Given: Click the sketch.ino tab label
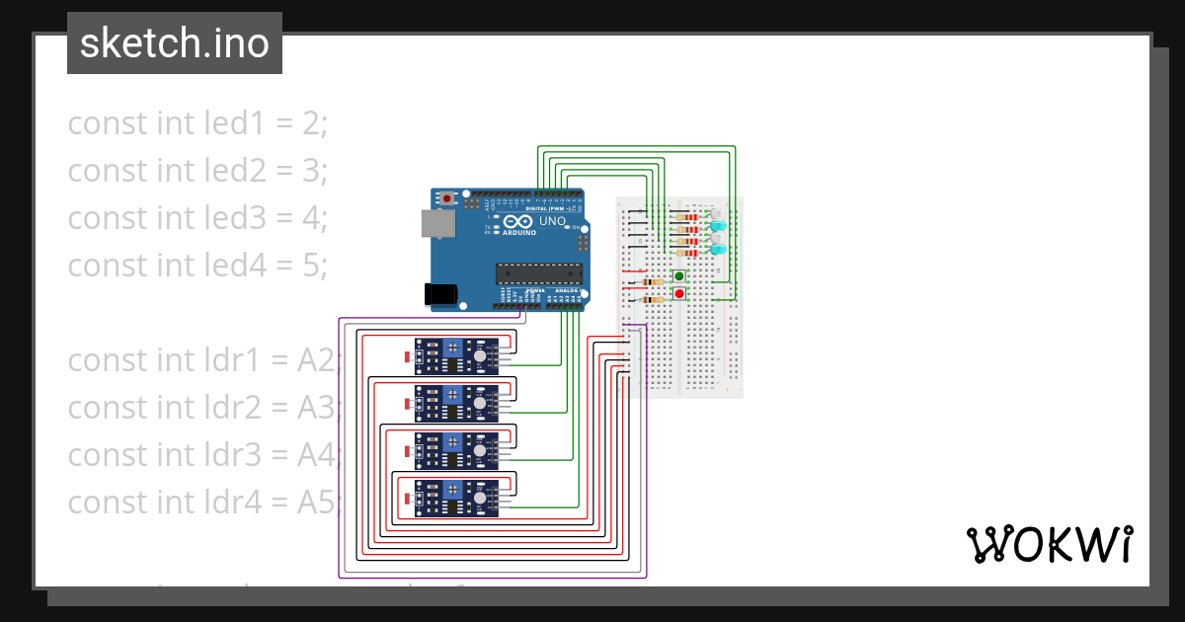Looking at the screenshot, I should click(x=174, y=43).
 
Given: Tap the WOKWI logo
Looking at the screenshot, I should click(x=1049, y=544).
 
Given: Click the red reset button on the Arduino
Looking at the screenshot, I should click(x=447, y=198).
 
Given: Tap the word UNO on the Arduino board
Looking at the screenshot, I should click(x=553, y=222).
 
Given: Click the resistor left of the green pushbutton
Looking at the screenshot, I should click(x=653, y=281).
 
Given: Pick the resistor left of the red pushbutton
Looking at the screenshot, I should click(x=653, y=299).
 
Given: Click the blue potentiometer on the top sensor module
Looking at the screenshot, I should click(x=450, y=348).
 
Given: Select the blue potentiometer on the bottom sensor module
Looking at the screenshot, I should click(x=450, y=490).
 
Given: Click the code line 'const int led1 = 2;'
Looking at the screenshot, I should click(x=197, y=123).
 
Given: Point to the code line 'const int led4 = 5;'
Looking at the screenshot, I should click(x=197, y=266).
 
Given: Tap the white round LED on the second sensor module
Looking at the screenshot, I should click(x=480, y=403).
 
